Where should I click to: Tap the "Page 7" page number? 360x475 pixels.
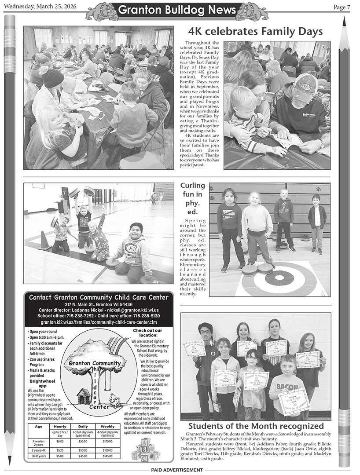[x=342, y=7]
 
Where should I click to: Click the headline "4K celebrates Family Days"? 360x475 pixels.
[x=255, y=32]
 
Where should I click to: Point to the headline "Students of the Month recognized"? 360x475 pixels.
[x=256, y=426]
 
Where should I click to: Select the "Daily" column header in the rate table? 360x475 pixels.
[x=83, y=426]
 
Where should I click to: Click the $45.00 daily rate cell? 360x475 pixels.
[x=83, y=456]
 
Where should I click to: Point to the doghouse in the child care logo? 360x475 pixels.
[x=83, y=396]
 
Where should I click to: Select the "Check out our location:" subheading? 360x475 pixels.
[x=147, y=332]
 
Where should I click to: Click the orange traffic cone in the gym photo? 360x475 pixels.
[x=44, y=241]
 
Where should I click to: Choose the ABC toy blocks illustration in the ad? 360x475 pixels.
[x=143, y=449]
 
